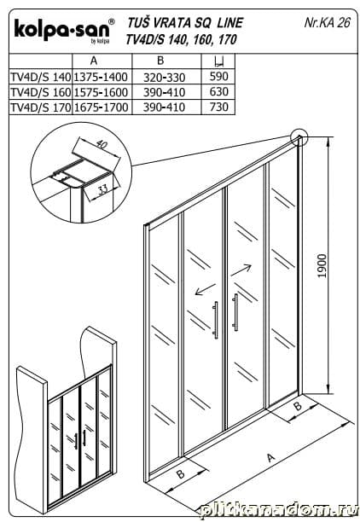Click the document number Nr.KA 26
(327, 22)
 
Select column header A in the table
(94, 61)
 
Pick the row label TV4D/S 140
(41, 77)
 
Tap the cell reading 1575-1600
(101, 92)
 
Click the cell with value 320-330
(164, 78)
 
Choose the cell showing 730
(218, 107)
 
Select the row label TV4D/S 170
(41, 107)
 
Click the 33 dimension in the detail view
(104, 190)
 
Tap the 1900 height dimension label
(322, 266)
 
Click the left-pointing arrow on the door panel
(205, 289)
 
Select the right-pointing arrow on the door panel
(241, 270)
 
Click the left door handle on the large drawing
(216, 320)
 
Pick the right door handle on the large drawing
(235, 312)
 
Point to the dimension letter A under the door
(271, 458)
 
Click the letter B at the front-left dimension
(181, 473)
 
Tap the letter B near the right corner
(298, 405)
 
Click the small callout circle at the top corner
(299, 137)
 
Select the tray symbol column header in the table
(218, 61)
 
